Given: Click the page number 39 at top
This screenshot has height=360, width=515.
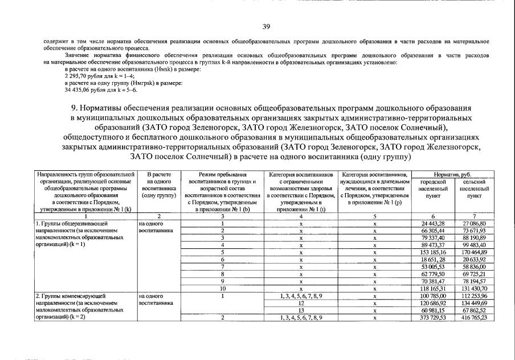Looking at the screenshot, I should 265,27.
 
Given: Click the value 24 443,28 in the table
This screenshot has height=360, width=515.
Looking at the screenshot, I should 432,223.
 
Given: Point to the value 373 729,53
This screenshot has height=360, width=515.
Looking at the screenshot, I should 432,317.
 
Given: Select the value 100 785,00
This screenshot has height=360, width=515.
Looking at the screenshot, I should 432,296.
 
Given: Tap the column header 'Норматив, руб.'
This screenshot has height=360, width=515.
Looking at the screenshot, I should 453,174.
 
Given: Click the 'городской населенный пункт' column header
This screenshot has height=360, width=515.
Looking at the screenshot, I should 432,188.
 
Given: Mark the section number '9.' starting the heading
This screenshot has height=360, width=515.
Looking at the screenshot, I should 75,108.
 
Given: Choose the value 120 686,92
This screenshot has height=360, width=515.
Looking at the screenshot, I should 432,303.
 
